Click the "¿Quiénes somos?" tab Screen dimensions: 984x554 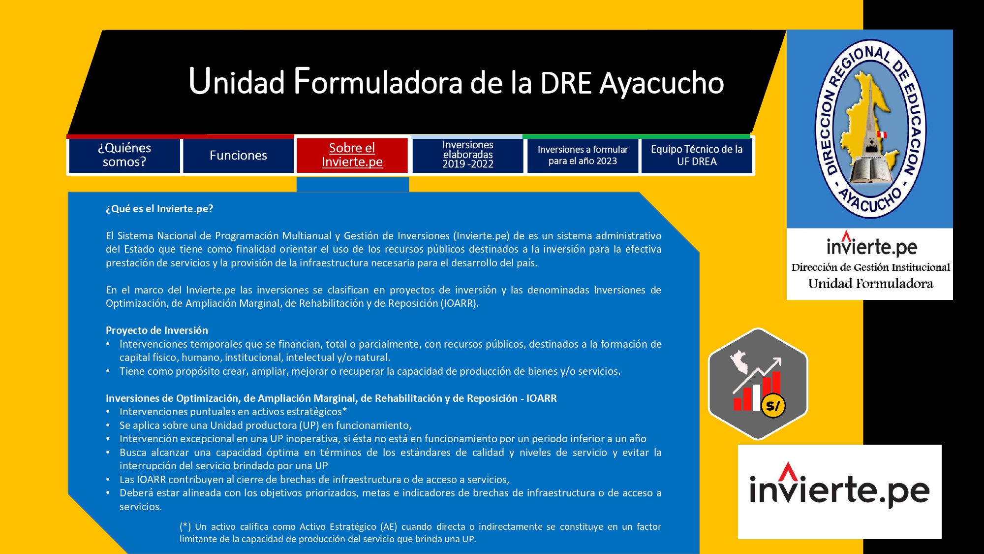[x=124, y=155]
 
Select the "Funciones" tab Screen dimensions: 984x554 [x=238, y=155]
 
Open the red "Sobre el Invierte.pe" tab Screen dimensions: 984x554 [x=352, y=155]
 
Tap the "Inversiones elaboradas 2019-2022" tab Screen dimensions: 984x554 [x=467, y=155]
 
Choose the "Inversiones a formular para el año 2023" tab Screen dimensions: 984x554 [x=583, y=155]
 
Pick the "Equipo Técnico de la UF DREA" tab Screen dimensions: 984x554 [x=697, y=155]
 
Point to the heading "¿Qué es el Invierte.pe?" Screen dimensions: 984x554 [x=159, y=209]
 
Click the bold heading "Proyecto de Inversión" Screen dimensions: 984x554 [x=157, y=330]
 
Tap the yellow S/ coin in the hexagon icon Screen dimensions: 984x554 [x=773, y=406]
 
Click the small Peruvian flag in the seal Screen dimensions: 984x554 [x=882, y=134]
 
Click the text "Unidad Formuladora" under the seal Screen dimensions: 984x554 [x=870, y=284]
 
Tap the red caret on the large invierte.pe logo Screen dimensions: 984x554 [x=788, y=471]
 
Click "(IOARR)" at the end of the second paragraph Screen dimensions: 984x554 [x=460, y=303]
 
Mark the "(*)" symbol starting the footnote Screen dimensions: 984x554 [x=185, y=527]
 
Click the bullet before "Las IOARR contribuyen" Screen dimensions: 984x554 [x=108, y=480]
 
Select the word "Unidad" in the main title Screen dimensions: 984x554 [x=237, y=82]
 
